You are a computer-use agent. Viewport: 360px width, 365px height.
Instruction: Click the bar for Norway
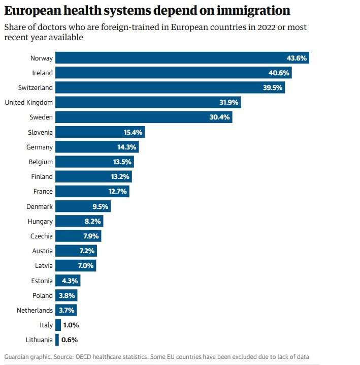coord(182,58)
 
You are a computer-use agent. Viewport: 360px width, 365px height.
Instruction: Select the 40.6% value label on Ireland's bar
coord(279,73)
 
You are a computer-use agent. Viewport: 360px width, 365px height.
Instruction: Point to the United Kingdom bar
coord(148,102)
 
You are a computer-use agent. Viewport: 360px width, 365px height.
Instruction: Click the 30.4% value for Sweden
coord(220,117)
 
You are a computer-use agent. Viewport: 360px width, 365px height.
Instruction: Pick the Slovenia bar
coord(100,132)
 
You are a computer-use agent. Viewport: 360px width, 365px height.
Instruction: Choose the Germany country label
coord(40,147)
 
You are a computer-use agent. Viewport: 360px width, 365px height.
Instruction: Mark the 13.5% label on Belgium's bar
coord(122,162)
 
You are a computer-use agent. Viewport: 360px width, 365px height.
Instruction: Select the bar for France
coord(92,192)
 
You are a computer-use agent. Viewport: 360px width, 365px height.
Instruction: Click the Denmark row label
coord(40,206)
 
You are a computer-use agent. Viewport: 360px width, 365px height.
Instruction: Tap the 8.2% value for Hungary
coord(92,222)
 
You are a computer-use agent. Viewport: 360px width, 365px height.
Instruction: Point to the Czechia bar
coord(78,236)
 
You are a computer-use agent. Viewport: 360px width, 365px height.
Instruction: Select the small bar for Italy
coord(58,325)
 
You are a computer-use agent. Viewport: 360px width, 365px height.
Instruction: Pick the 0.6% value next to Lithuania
coord(70,340)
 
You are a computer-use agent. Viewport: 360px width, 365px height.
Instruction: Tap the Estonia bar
coord(68,281)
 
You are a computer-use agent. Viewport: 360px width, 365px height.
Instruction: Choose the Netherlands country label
coord(34,310)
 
